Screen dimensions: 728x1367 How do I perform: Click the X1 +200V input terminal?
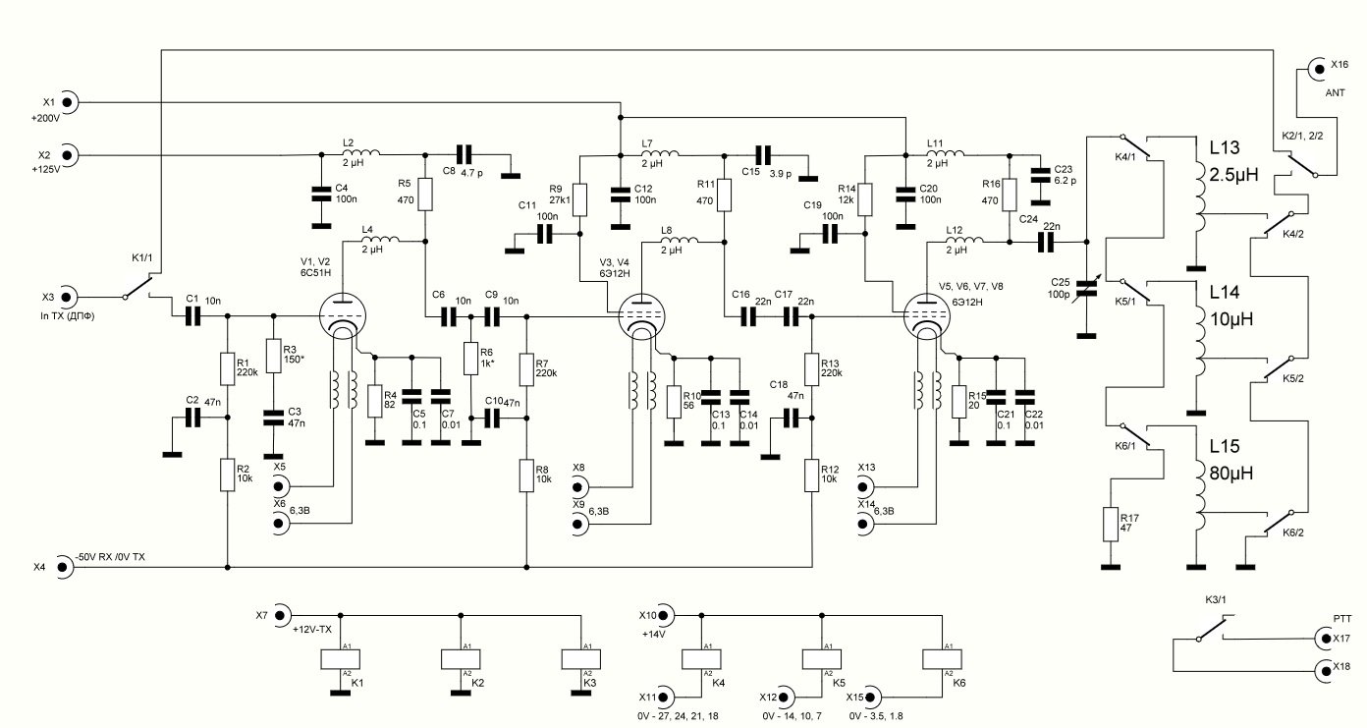[70, 101]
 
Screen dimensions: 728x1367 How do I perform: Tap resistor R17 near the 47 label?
[1111, 525]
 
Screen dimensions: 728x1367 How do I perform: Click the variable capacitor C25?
[1086, 286]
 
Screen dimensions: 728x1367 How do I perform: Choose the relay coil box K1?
[342, 658]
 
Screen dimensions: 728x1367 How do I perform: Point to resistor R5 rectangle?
[424, 196]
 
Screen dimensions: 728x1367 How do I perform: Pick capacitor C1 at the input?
[191, 315]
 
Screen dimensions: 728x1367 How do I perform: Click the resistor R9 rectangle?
[579, 199]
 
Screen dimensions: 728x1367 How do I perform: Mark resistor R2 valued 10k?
[227, 475]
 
